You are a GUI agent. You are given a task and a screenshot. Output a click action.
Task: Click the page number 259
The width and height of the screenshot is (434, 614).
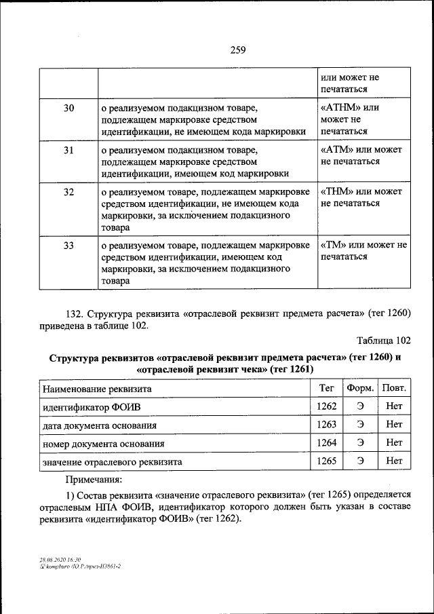pos(217,49)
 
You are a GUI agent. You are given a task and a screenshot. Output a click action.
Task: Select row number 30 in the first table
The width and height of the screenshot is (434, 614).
pos(68,108)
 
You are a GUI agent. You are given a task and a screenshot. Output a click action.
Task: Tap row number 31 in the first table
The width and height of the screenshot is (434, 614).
pos(68,150)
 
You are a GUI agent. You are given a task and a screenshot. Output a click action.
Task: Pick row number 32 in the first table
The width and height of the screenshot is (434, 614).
pos(68,192)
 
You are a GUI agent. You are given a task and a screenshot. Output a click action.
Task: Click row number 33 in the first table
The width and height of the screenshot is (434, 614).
pos(68,246)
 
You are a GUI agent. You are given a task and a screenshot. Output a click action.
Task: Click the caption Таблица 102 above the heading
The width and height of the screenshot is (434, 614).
pos(383,341)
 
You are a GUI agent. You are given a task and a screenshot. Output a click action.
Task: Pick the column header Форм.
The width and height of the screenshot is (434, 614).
pos(360,389)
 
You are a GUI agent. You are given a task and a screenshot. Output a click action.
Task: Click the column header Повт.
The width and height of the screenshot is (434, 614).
pos(394,389)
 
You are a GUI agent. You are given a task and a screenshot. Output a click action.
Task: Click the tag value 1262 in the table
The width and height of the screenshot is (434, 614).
pos(326,406)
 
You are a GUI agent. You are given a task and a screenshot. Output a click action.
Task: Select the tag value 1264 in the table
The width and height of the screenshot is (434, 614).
pos(326,442)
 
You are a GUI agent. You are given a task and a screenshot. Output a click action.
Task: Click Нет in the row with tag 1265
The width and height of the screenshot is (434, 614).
pos(394,461)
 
